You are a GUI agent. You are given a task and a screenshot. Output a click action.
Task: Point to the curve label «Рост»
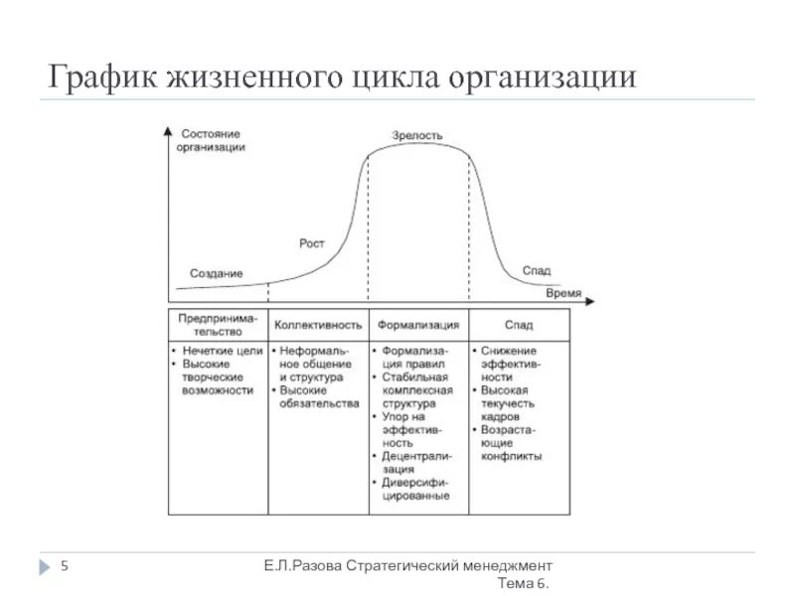click(x=312, y=243)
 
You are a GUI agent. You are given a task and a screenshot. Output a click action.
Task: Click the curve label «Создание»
click(x=216, y=273)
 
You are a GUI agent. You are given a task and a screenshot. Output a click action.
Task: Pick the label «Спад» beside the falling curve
click(x=537, y=270)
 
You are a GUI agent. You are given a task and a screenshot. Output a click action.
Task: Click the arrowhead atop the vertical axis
click(x=169, y=129)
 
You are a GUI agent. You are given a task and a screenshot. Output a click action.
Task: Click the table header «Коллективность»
click(x=318, y=325)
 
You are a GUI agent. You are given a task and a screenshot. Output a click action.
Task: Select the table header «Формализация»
click(x=419, y=325)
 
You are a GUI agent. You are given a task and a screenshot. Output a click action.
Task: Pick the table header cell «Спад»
click(x=518, y=325)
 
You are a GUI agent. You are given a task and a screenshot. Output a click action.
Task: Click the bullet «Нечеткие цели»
click(x=221, y=351)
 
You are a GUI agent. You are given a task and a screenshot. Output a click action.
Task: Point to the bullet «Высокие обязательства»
click(x=318, y=397)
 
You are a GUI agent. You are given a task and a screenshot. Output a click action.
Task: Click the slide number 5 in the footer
click(x=65, y=566)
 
